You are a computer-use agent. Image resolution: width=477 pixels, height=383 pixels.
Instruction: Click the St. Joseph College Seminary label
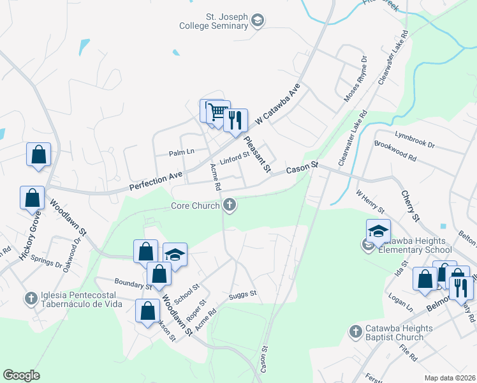(x=216, y=20)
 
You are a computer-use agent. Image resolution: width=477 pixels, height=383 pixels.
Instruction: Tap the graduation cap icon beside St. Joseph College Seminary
(x=258, y=21)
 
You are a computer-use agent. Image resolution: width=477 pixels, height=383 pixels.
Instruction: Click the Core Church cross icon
(x=230, y=206)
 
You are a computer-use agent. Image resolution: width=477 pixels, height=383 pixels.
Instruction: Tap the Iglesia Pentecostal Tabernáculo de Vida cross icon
(x=31, y=298)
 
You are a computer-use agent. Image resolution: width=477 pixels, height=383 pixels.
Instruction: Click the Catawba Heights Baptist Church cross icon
(x=356, y=331)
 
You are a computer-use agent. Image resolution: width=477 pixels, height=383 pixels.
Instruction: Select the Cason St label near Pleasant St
(x=302, y=169)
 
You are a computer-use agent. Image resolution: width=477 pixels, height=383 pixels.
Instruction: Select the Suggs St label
(x=242, y=295)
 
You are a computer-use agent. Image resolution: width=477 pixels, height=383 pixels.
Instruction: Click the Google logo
(x=21, y=375)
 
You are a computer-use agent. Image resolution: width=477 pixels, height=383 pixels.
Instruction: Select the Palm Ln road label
(x=180, y=153)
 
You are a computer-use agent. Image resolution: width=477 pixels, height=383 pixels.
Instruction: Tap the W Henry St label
(x=370, y=200)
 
